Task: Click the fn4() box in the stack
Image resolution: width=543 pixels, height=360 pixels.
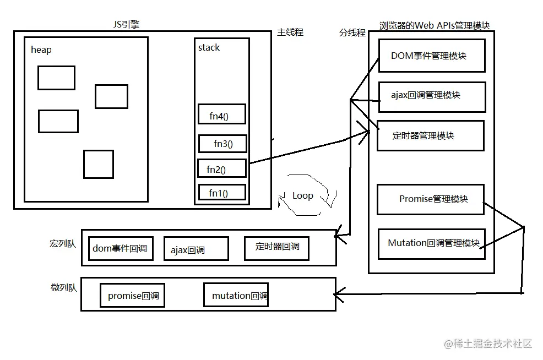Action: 221,114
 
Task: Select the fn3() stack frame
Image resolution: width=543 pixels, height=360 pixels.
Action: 222,144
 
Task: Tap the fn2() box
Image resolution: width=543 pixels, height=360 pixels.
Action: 221,169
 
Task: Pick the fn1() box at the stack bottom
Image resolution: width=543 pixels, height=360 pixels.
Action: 222,193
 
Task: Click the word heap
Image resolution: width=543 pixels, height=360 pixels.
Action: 41,50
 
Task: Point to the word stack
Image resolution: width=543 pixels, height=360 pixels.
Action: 209,48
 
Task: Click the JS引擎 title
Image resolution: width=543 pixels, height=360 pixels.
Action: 126,24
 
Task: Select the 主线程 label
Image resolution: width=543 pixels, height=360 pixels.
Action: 290,32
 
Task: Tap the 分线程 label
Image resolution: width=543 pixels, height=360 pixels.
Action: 352,32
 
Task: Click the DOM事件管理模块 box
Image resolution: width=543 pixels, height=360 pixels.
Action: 431,56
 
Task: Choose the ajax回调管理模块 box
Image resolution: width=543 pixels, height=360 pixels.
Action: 431,95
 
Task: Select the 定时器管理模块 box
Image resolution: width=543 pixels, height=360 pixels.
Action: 430,135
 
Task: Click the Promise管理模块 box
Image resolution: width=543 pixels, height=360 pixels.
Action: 430,199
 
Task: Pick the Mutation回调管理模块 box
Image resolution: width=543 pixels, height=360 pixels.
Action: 431,243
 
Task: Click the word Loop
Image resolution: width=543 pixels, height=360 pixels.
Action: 302,195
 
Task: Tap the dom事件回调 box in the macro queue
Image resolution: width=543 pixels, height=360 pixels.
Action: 120,248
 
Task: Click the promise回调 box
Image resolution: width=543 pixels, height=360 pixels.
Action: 133,296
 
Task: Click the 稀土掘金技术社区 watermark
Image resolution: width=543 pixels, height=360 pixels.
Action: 488,343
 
